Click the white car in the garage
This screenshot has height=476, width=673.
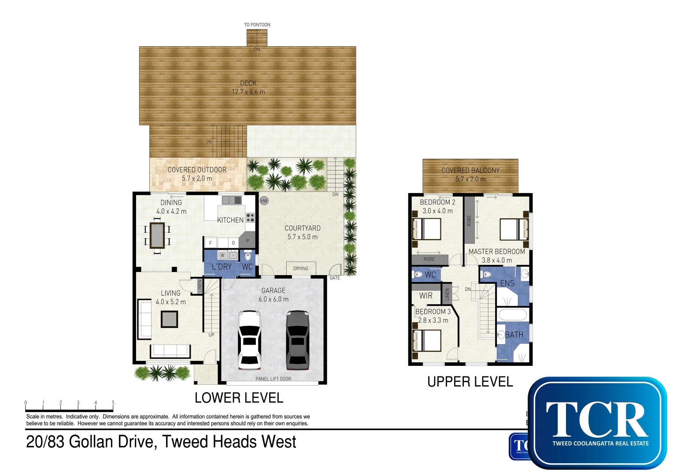point(249,339)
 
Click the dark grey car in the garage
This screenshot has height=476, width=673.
point(297,339)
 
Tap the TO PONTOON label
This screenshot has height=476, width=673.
point(257,25)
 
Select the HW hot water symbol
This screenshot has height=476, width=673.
point(264,201)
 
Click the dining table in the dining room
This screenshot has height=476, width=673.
point(157,236)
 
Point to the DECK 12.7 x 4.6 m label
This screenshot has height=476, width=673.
point(248,87)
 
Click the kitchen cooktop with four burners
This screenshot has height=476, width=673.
point(250,217)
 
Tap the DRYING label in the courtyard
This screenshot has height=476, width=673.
point(300,268)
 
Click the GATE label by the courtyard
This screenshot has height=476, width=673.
point(335,278)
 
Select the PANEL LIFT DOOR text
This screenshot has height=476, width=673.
point(273,379)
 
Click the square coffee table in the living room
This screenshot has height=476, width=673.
point(169,319)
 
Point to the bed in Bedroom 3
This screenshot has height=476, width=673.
point(427,340)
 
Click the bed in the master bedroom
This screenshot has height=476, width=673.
point(514,229)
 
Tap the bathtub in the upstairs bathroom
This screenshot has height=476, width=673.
point(512,315)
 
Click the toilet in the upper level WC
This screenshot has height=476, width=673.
point(418,275)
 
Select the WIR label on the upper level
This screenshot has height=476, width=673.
point(425,296)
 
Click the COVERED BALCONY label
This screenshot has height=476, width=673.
point(470,171)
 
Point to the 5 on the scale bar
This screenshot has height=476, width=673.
point(113,403)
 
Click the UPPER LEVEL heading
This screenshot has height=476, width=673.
point(470,382)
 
